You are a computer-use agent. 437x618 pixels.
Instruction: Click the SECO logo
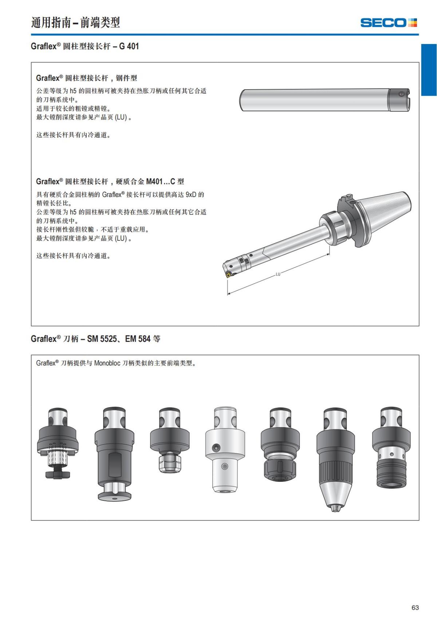tap(389, 23)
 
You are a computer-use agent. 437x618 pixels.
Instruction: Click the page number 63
tap(415, 607)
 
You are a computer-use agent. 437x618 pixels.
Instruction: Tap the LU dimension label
tap(278, 274)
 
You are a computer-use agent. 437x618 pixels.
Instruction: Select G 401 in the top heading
tap(129, 46)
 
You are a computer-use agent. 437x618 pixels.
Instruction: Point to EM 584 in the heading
tap(138, 339)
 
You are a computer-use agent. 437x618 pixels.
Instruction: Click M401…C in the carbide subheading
tap(161, 181)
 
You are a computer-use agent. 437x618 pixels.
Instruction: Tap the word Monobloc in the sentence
tap(107, 363)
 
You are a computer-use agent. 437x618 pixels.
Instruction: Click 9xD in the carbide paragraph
tap(191, 194)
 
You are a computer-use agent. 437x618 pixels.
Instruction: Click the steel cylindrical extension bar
tap(313, 99)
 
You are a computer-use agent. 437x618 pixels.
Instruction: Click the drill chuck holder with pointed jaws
tap(335, 459)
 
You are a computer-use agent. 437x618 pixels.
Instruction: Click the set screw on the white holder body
tap(217, 447)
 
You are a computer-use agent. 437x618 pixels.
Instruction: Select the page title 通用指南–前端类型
tap(75, 23)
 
